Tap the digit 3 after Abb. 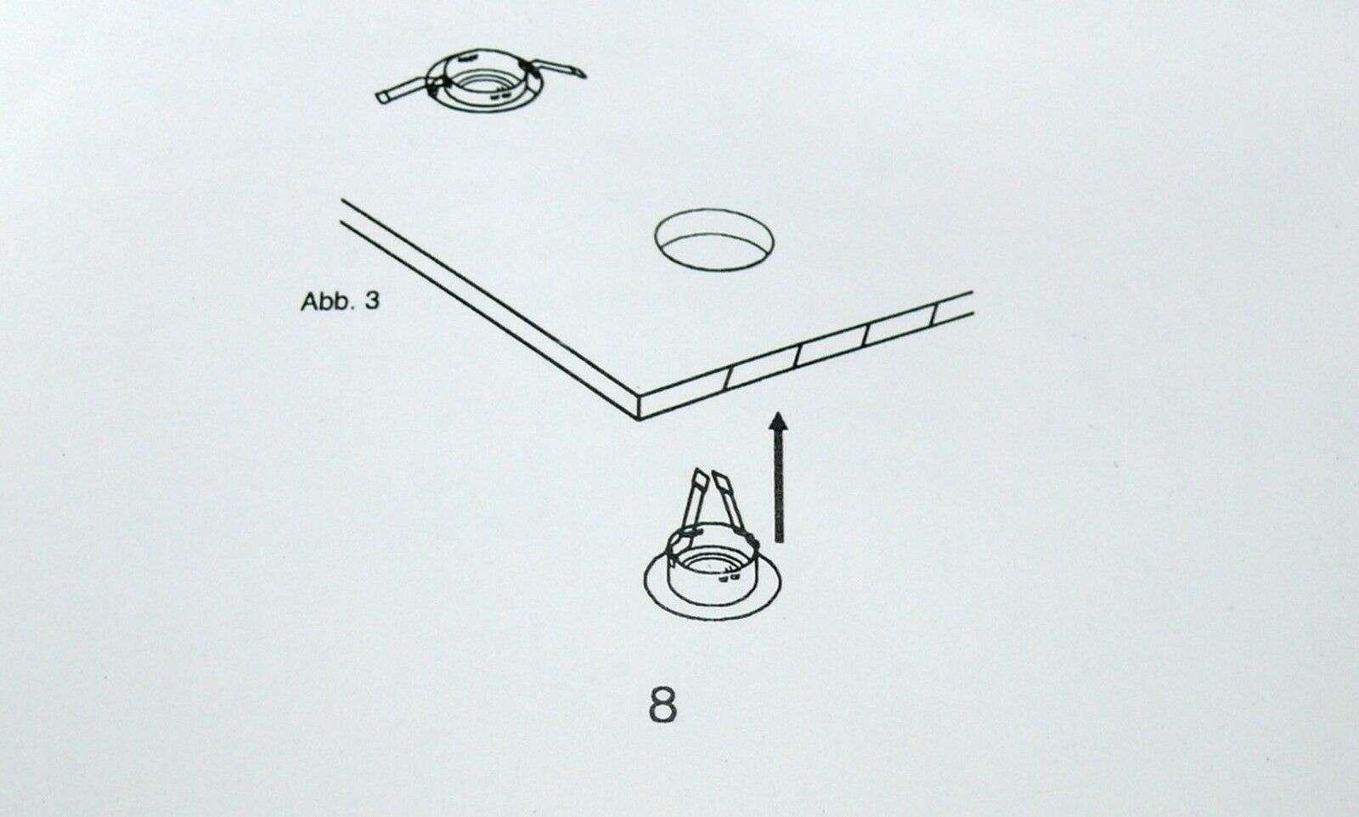click(x=372, y=301)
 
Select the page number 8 click(x=663, y=705)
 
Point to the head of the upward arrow click(x=778, y=421)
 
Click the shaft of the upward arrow click(x=779, y=486)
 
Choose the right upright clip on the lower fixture click(x=733, y=503)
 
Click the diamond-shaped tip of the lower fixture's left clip click(x=699, y=476)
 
